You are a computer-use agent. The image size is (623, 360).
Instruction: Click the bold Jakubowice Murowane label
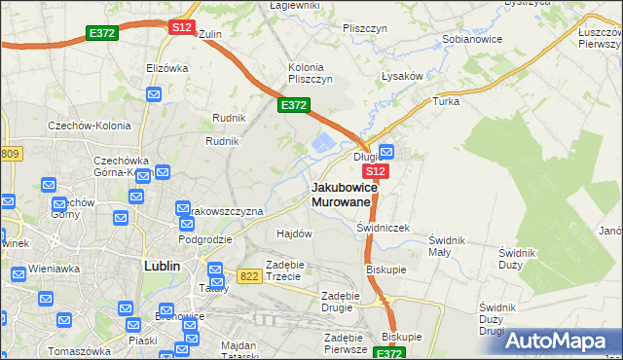coord(341,194)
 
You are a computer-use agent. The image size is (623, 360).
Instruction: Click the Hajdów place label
coord(294,234)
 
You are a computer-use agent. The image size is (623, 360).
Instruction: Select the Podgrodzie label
coord(204,238)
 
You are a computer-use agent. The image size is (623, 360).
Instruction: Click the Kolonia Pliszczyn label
coord(311,73)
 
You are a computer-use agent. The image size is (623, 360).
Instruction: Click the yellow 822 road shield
coord(248,276)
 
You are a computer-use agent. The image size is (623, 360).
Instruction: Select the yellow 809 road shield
coord(10,154)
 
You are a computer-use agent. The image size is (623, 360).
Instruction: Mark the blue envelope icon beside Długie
coord(386,152)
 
